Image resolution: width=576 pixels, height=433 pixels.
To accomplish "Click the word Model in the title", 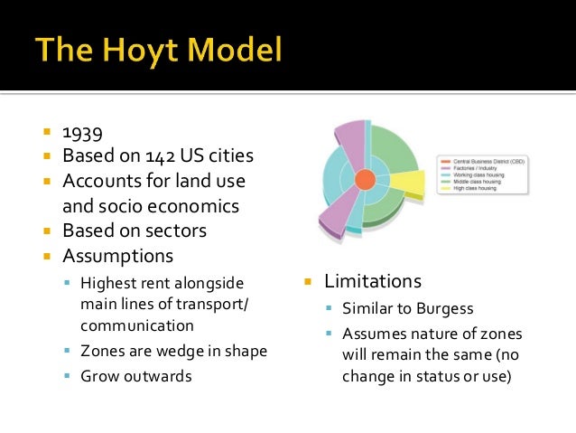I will [237, 50].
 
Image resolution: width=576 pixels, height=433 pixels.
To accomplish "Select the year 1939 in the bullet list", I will [81, 132].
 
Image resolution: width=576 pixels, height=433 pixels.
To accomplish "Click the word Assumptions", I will [117, 256].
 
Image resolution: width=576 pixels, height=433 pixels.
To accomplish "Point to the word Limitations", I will [373, 280].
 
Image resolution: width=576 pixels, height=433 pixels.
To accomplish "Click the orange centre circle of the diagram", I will [365, 179].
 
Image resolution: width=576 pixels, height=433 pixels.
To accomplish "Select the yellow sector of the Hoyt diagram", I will [408, 184].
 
